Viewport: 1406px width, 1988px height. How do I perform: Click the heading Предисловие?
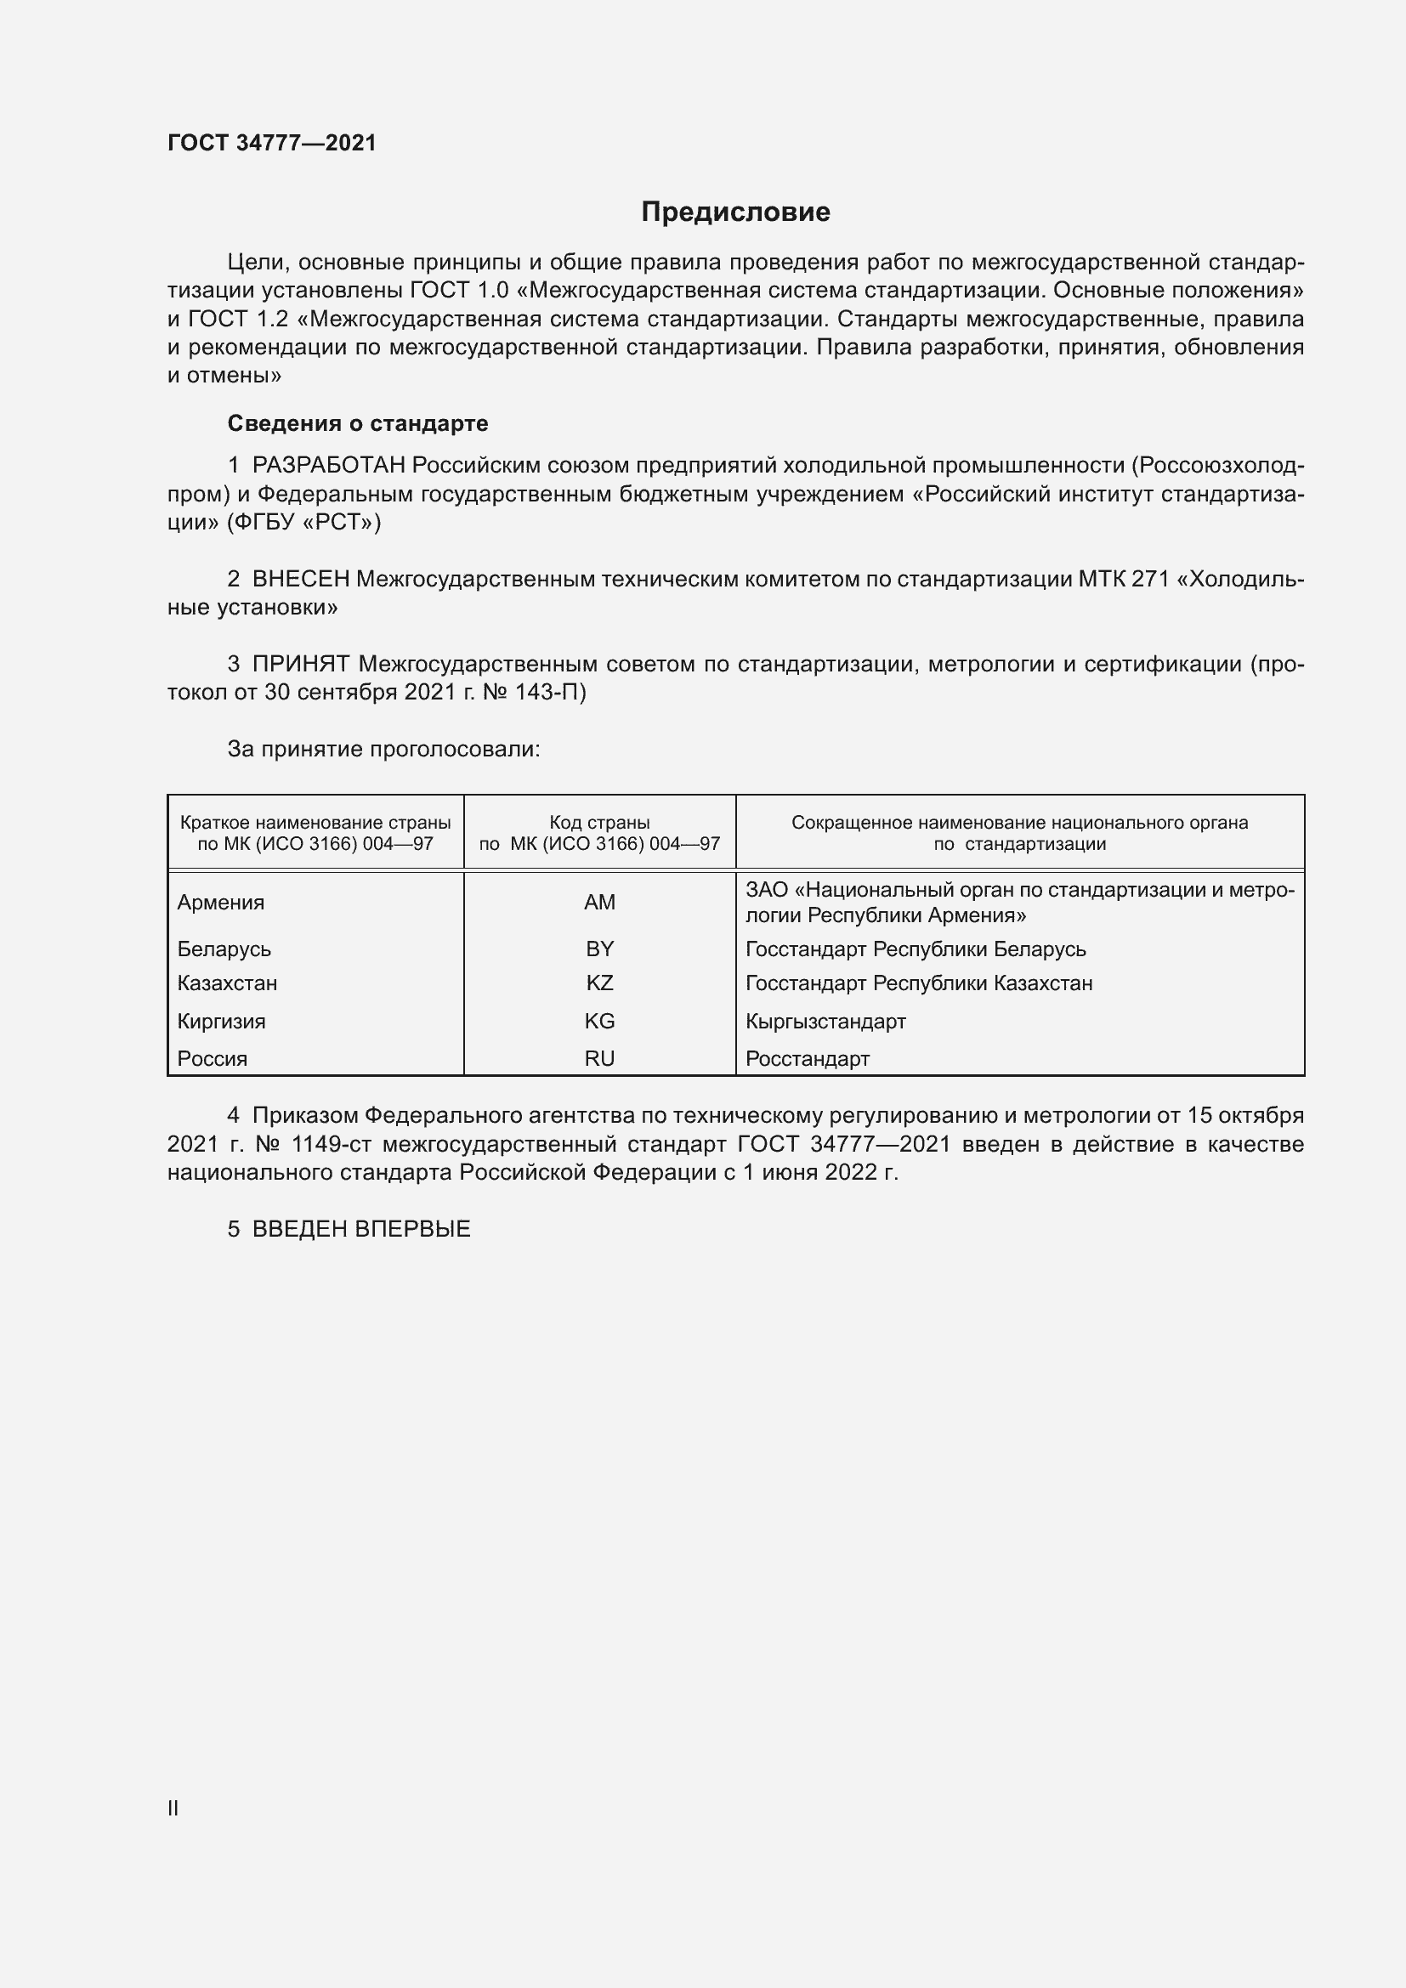[735, 212]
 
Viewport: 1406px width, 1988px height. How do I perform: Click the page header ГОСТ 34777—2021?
[272, 143]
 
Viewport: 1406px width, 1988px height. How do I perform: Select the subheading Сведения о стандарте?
[358, 423]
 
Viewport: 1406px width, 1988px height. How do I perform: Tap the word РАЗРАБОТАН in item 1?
[328, 466]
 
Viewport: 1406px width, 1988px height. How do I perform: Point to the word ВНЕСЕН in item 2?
[300, 580]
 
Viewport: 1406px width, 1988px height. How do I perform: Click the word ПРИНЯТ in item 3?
[300, 664]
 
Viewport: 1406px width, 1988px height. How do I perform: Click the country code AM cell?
[599, 903]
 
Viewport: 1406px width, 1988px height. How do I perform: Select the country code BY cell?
[599, 949]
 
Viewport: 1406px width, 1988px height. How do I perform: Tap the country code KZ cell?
[599, 983]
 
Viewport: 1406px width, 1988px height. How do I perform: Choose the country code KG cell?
[599, 1021]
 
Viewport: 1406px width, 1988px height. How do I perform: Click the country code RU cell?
[599, 1058]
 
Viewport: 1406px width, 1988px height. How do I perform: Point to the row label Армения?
[221, 903]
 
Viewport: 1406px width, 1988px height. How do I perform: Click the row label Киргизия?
[221, 1021]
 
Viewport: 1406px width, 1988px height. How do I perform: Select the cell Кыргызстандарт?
[825, 1021]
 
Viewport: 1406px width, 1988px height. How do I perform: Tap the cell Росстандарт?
[807, 1058]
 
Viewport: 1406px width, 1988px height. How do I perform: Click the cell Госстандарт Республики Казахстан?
[919, 983]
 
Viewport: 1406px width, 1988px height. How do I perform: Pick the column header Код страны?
[599, 823]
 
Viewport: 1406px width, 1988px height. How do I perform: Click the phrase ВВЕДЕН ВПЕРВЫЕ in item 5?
[361, 1229]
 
